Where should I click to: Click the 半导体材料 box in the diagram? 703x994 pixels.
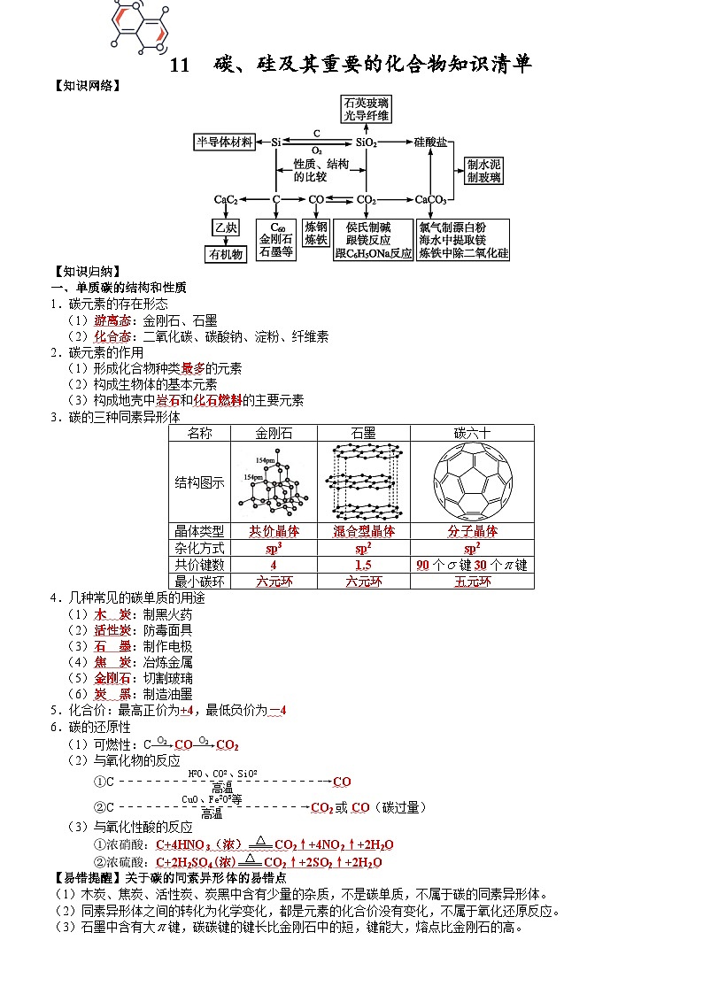click(225, 142)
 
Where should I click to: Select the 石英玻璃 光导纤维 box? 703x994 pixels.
click(367, 109)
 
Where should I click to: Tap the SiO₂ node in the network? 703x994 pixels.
click(367, 142)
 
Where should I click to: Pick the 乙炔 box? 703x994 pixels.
click(226, 227)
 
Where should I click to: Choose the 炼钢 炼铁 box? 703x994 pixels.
click(316, 233)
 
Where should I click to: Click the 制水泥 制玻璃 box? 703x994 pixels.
click(484, 171)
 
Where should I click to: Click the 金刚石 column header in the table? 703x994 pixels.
click(274, 433)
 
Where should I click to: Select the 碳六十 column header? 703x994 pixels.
click(472, 433)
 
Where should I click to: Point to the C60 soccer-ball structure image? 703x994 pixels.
click(472, 482)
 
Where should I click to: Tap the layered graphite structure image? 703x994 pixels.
click(363, 482)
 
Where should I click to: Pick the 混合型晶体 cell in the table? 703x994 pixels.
click(363, 531)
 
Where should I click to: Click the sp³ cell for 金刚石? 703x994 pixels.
click(274, 548)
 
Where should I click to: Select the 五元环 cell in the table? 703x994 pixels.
click(472, 582)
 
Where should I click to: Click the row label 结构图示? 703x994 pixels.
click(199, 482)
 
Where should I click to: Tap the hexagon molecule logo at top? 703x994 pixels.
click(139, 23)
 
